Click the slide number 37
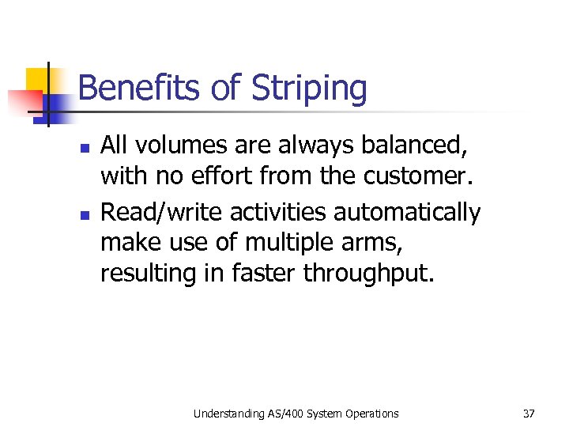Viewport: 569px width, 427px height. [529, 413]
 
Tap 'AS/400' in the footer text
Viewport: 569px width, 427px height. [282, 413]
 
